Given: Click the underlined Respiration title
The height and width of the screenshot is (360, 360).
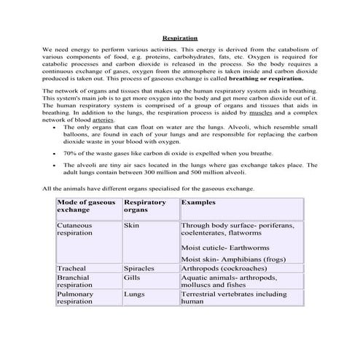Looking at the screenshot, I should pyautogui.click(x=179, y=36).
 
